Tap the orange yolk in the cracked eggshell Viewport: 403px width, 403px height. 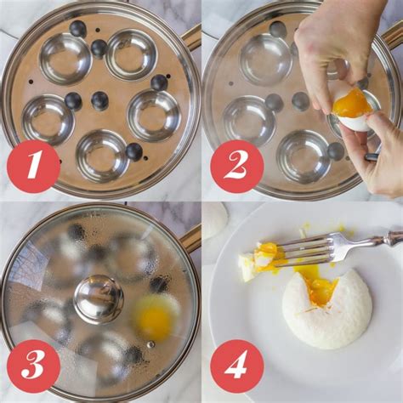click(352, 103)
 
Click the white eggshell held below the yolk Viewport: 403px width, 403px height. click(354, 122)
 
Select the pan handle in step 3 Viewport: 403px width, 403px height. click(191, 238)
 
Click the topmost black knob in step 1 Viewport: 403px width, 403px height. click(78, 29)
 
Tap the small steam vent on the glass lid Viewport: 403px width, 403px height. click(150, 343)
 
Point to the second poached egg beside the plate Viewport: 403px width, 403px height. click(214, 219)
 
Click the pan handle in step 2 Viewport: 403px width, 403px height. click(392, 36)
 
